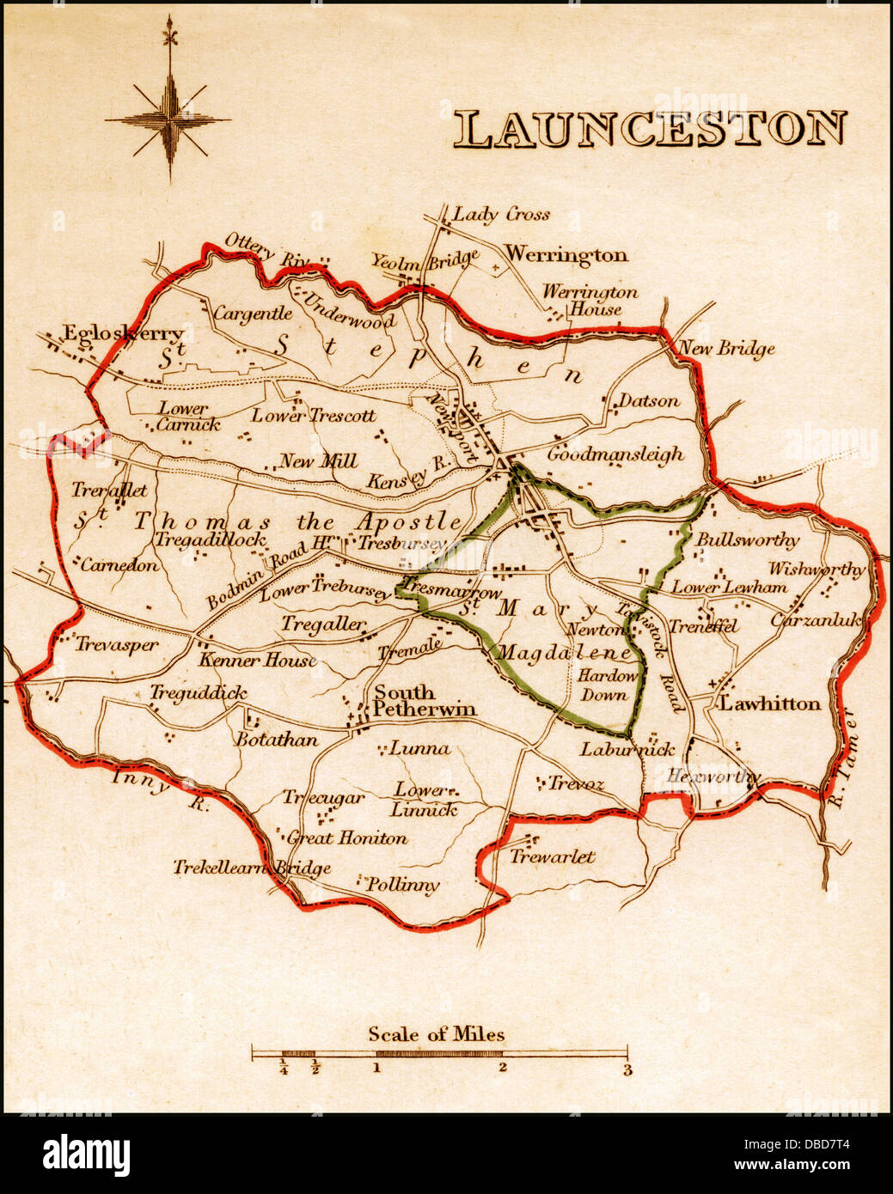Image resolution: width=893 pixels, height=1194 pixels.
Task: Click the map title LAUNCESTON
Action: [x=650, y=129]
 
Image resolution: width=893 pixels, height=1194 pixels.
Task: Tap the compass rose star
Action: [x=169, y=119]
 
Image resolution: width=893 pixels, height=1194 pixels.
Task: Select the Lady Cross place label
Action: [x=501, y=214]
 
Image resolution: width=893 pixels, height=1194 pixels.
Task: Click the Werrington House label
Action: [x=590, y=301]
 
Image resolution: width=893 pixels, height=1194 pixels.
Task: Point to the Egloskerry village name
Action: [x=124, y=334]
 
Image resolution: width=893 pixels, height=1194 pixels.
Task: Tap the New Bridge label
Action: [x=727, y=349]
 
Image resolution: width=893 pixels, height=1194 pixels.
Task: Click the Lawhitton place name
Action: [x=769, y=704]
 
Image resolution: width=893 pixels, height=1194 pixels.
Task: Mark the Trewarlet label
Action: [x=552, y=856]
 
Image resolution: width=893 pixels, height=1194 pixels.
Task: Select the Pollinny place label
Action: [x=402, y=885]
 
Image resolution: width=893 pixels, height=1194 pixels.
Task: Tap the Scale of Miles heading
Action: [x=437, y=1034]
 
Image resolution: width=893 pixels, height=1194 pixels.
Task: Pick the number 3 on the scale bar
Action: [x=627, y=1070]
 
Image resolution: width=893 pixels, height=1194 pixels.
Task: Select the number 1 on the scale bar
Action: [x=376, y=1069]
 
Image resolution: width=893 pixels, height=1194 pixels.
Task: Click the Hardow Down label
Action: [x=607, y=685]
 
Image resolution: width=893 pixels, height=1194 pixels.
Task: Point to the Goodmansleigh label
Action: [x=615, y=454]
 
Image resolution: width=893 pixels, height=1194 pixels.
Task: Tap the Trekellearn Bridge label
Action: [x=252, y=868]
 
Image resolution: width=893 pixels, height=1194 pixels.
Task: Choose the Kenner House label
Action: [x=257, y=661]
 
